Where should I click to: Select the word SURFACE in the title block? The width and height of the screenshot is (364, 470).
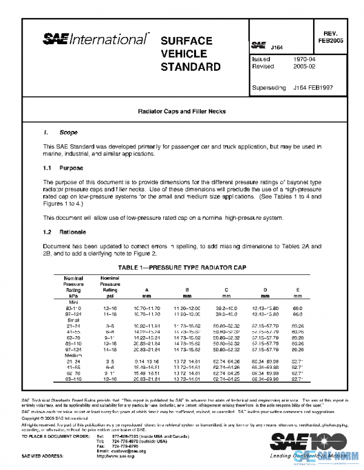click(x=186, y=41)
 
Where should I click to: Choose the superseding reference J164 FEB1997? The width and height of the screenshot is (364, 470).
click(x=312, y=88)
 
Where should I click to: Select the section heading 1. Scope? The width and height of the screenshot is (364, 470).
click(x=59, y=132)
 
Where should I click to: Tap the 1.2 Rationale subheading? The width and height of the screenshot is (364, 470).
click(x=65, y=232)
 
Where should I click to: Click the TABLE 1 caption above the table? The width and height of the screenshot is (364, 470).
click(x=181, y=267)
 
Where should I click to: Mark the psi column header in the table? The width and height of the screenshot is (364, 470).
click(x=110, y=297)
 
